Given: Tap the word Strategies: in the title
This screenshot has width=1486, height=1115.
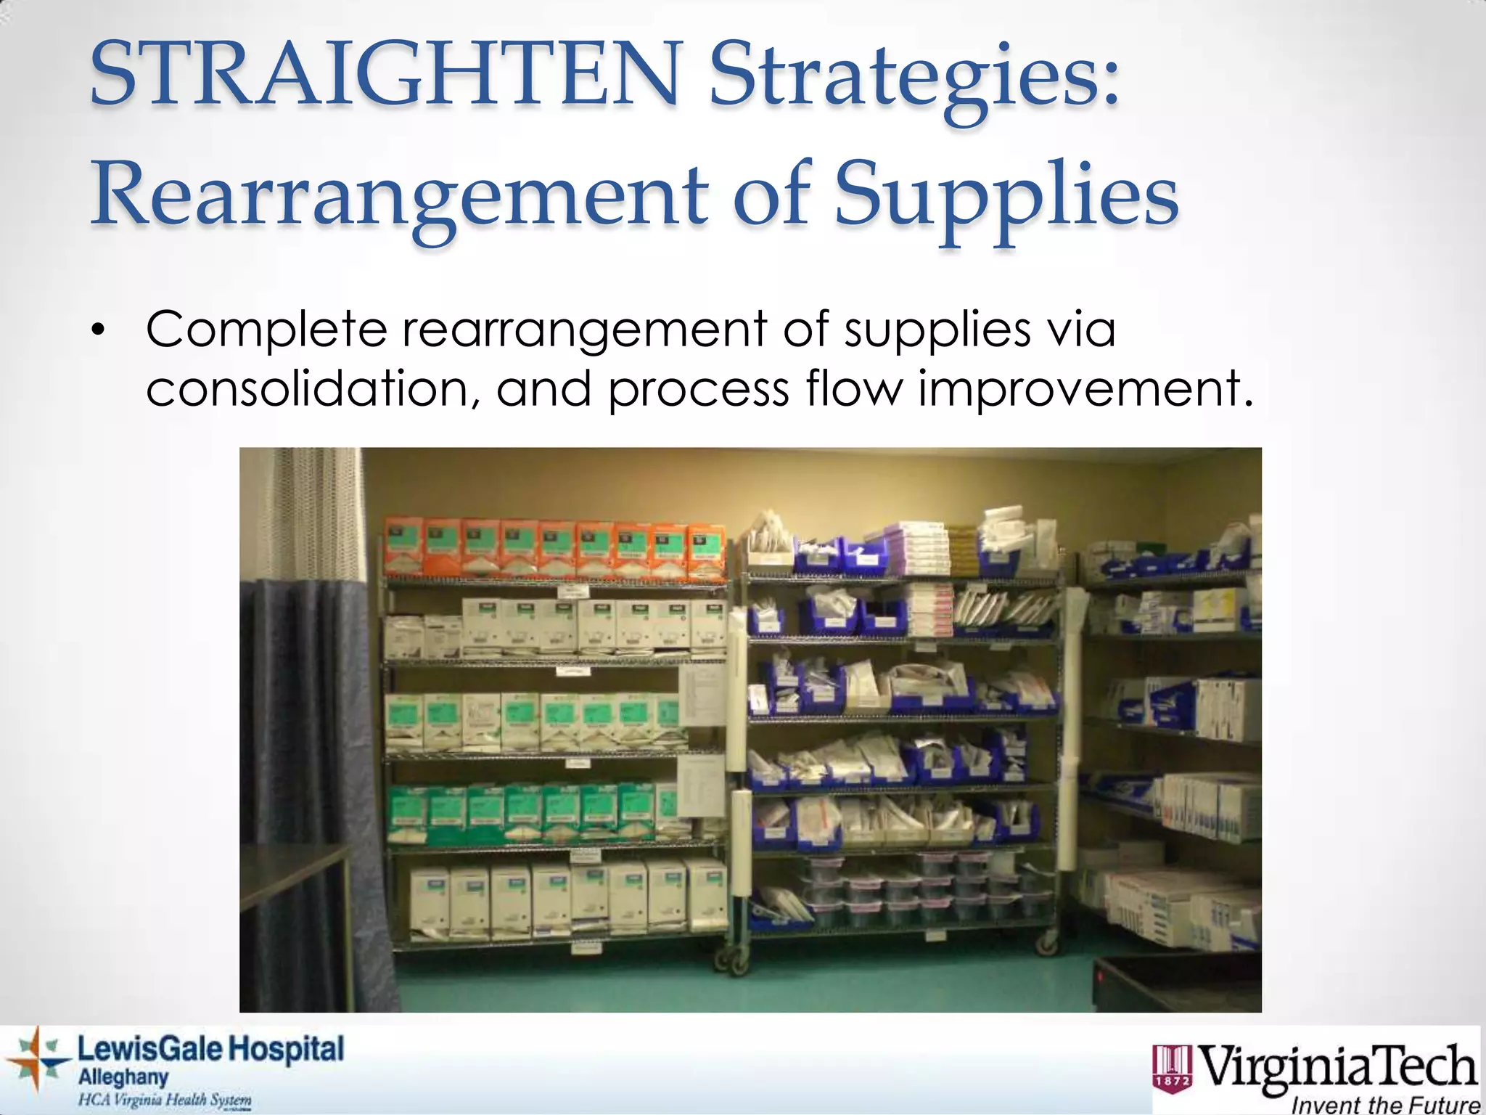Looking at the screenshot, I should (914, 80).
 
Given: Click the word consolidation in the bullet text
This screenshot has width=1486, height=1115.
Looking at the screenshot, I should (312, 389).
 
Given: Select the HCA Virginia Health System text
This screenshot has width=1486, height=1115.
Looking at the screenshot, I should (165, 1099).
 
